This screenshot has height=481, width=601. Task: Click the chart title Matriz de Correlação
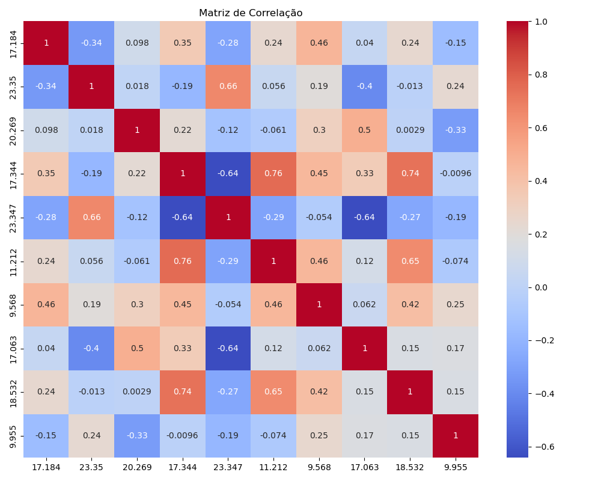[251, 13]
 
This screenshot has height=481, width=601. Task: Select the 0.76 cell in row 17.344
[273, 174]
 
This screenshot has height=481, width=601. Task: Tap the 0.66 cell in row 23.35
[228, 87]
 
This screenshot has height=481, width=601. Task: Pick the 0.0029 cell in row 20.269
[410, 130]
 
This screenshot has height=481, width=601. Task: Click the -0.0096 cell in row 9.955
[182, 435]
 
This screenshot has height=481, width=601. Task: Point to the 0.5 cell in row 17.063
[137, 348]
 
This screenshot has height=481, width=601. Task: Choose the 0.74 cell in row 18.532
[182, 391]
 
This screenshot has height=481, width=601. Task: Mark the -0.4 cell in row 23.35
[364, 87]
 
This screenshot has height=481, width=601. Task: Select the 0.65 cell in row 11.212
[410, 261]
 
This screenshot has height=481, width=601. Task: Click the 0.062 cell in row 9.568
[364, 304]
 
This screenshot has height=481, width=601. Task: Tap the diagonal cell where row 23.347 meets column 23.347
[228, 217]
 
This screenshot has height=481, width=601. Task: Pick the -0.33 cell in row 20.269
[456, 130]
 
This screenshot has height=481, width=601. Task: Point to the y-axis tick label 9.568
[14, 304]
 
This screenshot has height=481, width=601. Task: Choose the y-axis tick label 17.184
[14, 43]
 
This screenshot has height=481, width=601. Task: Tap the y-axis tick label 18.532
[14, 391]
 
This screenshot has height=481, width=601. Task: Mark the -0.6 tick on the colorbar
[541, 447]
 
